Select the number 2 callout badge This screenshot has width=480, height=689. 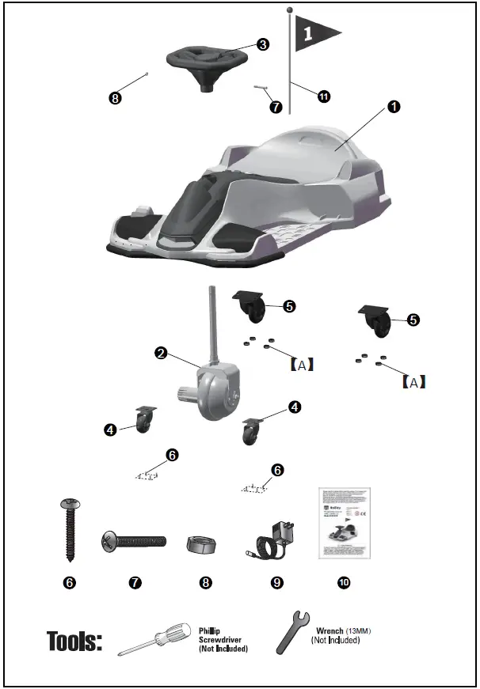[x=162, y=354]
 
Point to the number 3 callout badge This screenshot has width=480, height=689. [x=262, y=44]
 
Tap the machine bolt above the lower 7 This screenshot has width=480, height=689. [x=134, y=542]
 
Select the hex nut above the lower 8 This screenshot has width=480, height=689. [x=205, y=544]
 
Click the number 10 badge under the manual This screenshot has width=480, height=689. [x=343, y=582]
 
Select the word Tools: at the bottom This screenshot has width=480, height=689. [x=74, y=640]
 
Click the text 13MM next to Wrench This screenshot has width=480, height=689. [x=359, y=630]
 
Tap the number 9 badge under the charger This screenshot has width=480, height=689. [x=276, y=582]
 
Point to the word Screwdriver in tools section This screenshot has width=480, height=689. [x=221, y=639]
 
